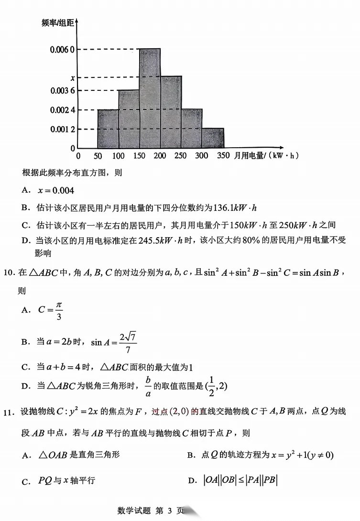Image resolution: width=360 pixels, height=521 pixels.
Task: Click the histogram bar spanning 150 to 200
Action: pyautogui.click(x=150, y=98)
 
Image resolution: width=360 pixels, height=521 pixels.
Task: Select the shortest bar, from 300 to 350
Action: pyautogui.click(x=213, y=138)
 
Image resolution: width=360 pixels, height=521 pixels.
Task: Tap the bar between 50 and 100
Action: pyautogui.click(x=108, y=129)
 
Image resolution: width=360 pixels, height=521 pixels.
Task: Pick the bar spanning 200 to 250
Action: pyautogui.click(x=171, y=112)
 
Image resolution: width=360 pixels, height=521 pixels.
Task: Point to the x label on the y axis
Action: pyautogui.click(x=72, y=77)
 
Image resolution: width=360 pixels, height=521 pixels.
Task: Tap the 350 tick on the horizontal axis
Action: pyautogui.click(x=223, y=156)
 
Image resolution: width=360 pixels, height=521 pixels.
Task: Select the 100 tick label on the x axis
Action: pyautogui.click(x=119, y=156)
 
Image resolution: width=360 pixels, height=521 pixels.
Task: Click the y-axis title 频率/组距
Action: pyautogui.click(x=58, y=23)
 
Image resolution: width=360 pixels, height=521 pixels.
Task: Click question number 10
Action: pyautogui.click(x=11, y=273)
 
